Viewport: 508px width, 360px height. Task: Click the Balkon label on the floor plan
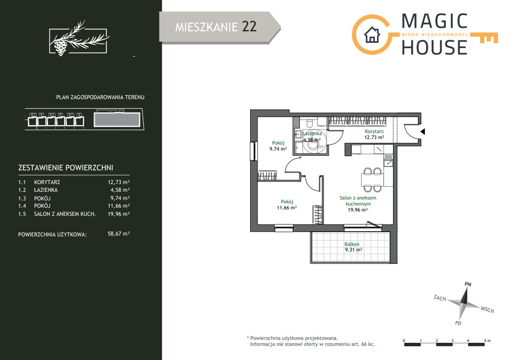click(351, 244)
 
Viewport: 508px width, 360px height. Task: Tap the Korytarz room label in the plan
click(374, 131)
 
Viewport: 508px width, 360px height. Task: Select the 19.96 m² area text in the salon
click(358, 210)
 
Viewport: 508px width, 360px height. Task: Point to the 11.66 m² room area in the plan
click(287, 208)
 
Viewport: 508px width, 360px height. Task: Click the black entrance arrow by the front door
click(423, 132)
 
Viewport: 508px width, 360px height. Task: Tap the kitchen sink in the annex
click(388, 160)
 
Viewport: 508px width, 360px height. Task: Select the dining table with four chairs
click(372, 179)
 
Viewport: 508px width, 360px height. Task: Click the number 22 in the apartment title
click(249, 27)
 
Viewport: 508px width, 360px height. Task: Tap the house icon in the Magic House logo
click(372, 35)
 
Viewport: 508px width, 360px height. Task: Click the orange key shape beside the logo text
click(484, 38)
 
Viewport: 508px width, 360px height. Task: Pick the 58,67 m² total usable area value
click(118, 233)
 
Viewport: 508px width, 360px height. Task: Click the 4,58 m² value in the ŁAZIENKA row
click(120, 190)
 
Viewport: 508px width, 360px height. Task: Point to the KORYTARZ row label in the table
click(47, 182)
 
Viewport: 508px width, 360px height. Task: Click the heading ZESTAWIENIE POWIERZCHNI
click(66, 168)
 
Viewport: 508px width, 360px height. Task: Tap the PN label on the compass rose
click(468, 284)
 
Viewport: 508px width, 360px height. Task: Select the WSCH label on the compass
click(487, 309)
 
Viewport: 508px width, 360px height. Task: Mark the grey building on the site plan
click(117, 120)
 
